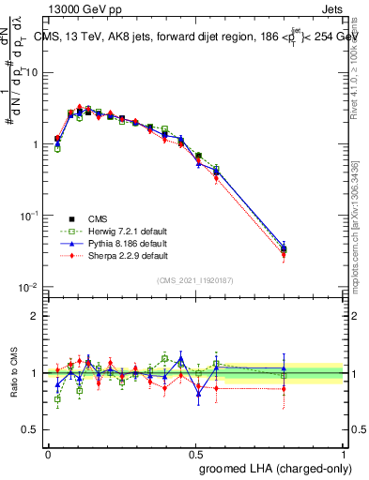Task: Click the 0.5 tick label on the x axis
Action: pos(196,454)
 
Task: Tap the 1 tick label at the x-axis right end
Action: pos(343,454)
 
